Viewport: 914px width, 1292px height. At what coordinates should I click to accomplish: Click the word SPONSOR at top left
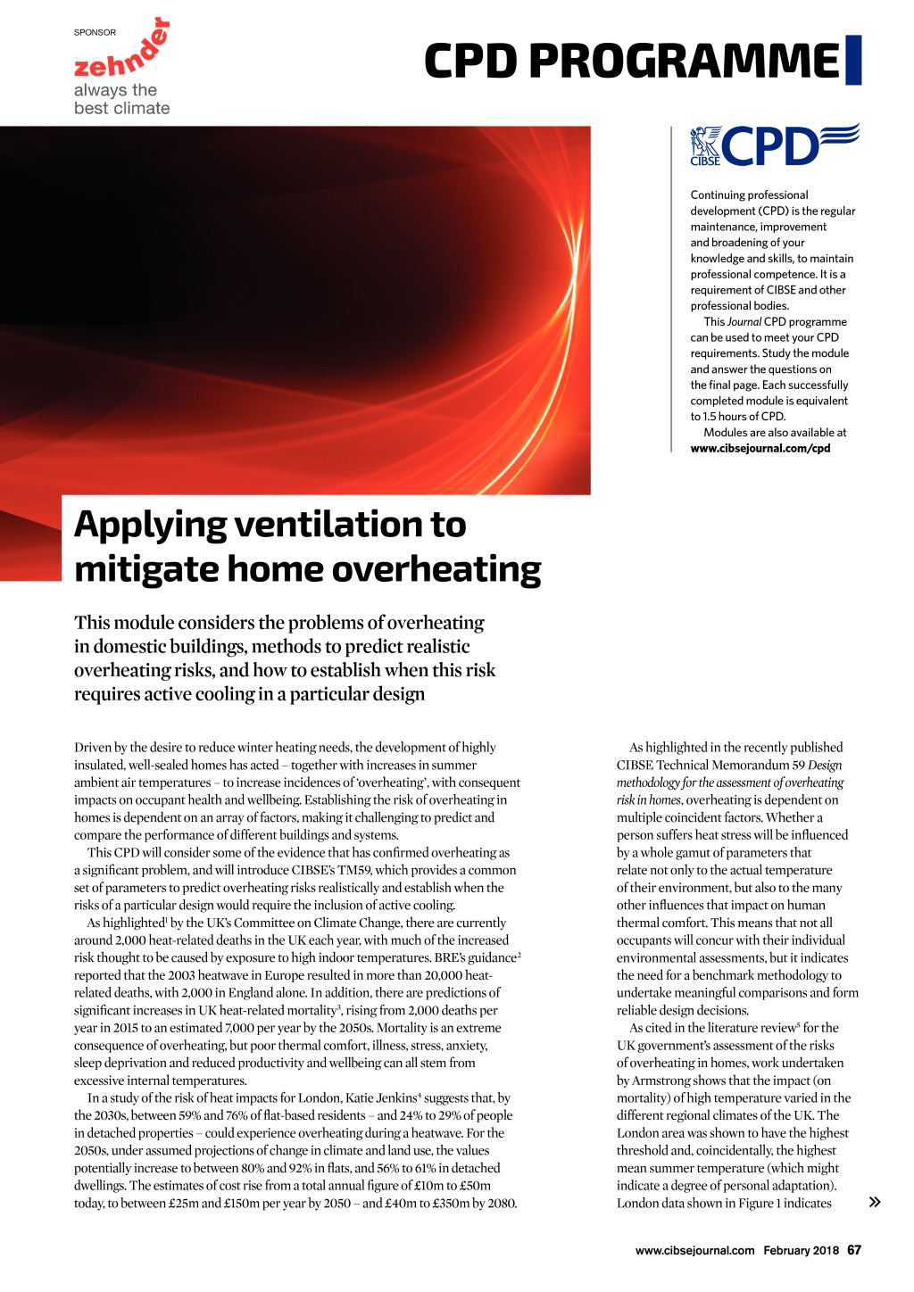95,32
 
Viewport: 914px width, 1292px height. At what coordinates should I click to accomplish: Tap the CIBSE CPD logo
774,145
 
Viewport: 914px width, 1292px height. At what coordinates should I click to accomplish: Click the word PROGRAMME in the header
684,62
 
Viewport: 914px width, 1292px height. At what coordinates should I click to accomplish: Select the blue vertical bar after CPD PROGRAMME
853,60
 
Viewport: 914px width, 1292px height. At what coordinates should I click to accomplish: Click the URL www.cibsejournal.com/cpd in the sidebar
760,449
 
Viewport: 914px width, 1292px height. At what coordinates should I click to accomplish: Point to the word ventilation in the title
327,525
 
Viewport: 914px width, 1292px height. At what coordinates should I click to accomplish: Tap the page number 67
854,1250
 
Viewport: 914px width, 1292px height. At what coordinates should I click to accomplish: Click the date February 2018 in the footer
801,1250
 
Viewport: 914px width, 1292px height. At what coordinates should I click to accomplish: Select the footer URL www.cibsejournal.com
694,1250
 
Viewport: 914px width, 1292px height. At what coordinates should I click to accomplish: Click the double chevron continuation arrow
875,1202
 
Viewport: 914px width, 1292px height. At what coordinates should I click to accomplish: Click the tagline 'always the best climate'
121,99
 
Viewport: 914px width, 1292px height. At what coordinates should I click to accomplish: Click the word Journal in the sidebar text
744,322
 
